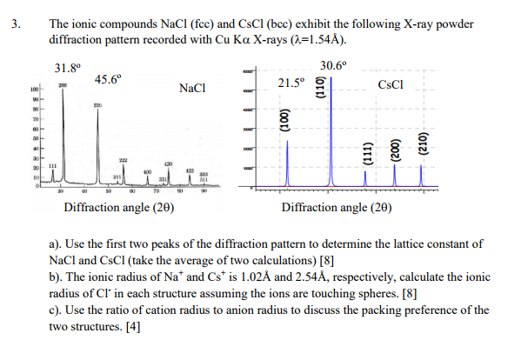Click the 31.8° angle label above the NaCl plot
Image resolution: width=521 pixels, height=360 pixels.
[67, 66]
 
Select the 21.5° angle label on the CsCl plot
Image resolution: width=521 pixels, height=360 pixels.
[292, 83]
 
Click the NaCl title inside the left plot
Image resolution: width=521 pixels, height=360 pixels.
[191, 88]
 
